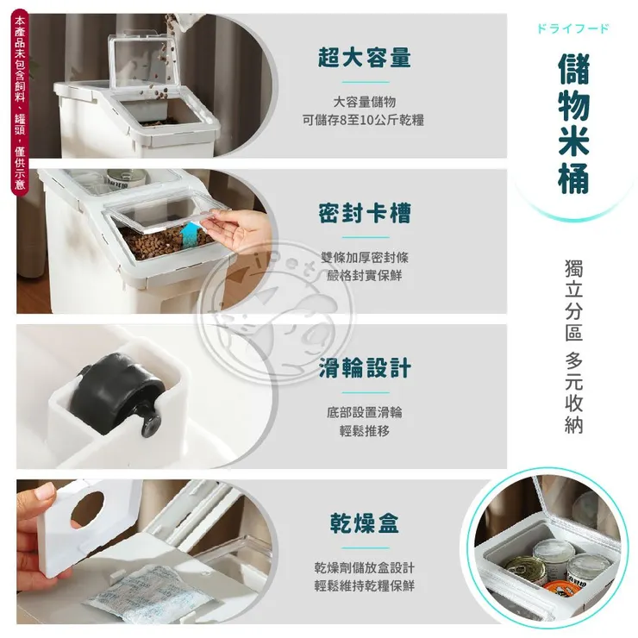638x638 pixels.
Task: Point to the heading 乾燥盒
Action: (363, 523)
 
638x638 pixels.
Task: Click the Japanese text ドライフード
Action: (572, 28)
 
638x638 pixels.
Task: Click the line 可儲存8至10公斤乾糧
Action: (363, 121)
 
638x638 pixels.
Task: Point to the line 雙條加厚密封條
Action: (363, 257)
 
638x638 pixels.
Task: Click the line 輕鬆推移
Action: (363, 430)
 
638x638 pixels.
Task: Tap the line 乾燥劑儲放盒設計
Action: (363, 567)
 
